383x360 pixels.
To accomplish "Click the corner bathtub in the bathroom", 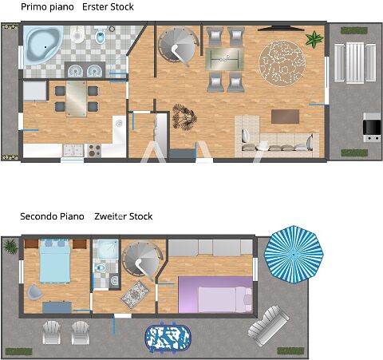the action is tap(43, 45).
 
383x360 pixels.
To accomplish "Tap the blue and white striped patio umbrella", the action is tap(294, 255).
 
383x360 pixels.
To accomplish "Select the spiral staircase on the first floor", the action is tap(178, 45).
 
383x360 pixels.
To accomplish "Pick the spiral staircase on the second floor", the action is tap(142, 260).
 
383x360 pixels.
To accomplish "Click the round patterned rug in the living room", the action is tap(282, 63).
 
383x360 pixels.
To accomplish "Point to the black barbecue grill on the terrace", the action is tap(372, 127).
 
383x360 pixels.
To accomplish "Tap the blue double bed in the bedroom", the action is tap(55, 261).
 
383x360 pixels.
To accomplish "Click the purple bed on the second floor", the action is tap(215, 295).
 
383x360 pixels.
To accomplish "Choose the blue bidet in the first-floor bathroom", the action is tap(101, 37).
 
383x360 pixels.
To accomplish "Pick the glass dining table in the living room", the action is tap(224, 59).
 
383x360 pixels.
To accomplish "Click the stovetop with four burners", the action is tap(94, 150).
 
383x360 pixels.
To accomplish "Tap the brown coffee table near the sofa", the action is tap(285, 117).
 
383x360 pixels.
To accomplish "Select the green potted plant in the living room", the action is tap(314, 39).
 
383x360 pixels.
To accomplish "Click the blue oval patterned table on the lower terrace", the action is tap(168, 338).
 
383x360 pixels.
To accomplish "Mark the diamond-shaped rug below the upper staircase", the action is tap(136, 295).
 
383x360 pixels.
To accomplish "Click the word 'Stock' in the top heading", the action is tap(123, 7).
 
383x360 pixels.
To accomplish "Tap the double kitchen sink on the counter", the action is tap(73, 150).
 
